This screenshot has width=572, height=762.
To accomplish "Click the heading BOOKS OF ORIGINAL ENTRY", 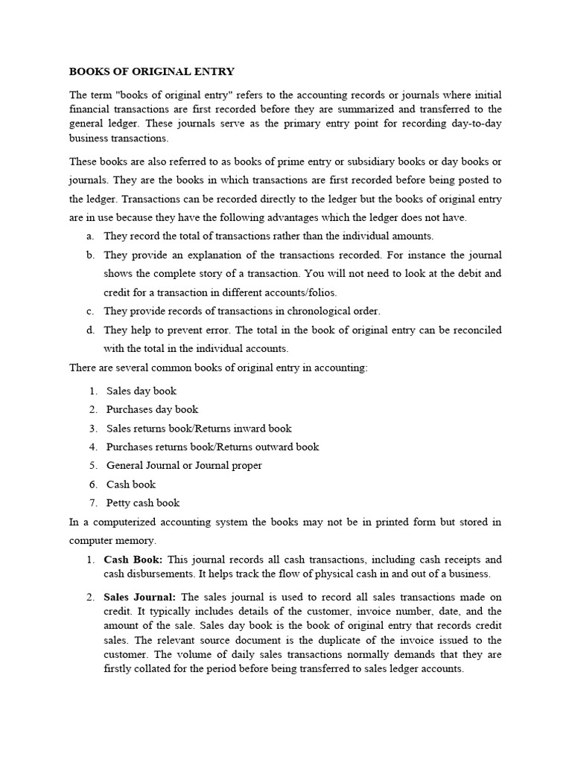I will tap(152, 72).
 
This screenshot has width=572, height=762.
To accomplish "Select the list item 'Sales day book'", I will tap(142, 391).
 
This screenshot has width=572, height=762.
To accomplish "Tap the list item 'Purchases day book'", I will tap(152, 409).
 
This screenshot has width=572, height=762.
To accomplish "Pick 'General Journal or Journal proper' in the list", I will tap(184, 465).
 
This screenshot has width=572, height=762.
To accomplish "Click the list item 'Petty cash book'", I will tap(143, 502).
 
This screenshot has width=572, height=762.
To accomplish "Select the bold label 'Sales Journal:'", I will tap(140, 597).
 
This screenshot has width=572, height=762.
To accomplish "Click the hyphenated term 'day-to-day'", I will tap(477, 123).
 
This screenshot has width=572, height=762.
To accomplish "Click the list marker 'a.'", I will tap(89, 236).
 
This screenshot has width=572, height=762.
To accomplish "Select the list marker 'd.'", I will tap(89, 330).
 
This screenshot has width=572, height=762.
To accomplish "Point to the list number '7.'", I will tap(93, 502).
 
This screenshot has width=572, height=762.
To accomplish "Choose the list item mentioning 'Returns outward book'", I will tap(212, 446).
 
